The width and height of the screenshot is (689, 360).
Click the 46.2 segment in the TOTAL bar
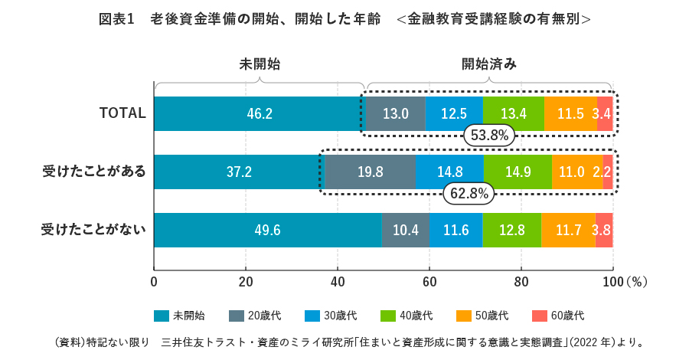(x=260, y=114)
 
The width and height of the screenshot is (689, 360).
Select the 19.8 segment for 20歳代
(x=370, y=172)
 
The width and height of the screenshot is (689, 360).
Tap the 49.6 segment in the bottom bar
(x=267, y=230)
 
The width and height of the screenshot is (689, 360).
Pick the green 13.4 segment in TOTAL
(x=513, y=114)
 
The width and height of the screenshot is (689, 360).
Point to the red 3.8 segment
(x=603, y=230)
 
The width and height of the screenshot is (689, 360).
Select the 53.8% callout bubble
(x=489, y=136)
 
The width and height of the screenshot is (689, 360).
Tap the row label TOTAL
(x=122, y=113)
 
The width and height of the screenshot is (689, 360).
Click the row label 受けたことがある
(x=93, y=172)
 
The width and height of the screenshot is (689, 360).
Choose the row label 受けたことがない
(x=93, y=230)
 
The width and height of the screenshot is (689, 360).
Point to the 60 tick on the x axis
(x=429, y=281)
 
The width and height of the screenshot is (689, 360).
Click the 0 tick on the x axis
(x=154, y=281)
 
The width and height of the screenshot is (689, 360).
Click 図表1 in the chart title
(x=117, y=18)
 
